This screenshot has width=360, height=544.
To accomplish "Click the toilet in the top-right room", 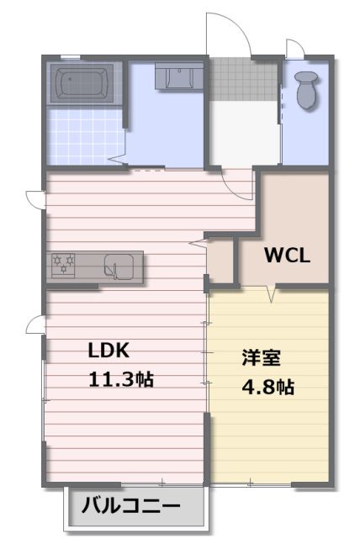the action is (x=307, y=89).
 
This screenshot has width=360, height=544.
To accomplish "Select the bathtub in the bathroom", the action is (x=82, y=82).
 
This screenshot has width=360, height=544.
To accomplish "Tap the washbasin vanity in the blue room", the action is (x=179, y=76).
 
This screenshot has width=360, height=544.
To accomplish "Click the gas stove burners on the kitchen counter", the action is (x=63, y=265).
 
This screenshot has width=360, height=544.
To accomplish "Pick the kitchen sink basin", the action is (x=119, y=266).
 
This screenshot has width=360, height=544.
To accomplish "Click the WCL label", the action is (x=287, y=256).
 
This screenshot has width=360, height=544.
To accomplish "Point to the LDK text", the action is (x=109, y=350).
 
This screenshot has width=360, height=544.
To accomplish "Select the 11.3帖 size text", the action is (x=121, y=379).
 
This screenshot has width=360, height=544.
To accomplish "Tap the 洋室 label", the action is (x=262, y=357).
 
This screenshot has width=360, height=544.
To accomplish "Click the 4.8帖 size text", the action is (x=267, y=387).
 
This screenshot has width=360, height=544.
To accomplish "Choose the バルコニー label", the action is (x=131, y=505).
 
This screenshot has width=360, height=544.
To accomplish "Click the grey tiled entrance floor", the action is (x=244, y=79).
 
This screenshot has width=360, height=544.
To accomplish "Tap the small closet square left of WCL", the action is (x=220, y=261).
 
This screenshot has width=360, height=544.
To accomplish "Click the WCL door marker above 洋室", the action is (x=272, y=293).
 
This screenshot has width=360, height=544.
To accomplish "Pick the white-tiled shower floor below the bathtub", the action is (x=86, y=137).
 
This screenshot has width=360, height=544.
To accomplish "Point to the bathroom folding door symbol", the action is (x=118, y=160).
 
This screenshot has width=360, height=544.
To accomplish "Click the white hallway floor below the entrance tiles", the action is (x=245, y=134).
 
